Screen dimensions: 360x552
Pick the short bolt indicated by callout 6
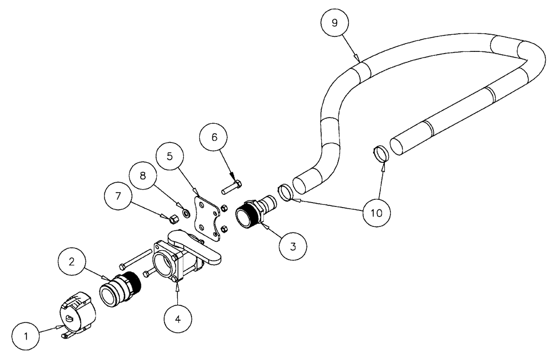(x=232, y=188)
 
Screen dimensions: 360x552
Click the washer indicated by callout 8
(x=186, y=212)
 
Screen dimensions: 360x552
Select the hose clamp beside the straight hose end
(x=380, y=153)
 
